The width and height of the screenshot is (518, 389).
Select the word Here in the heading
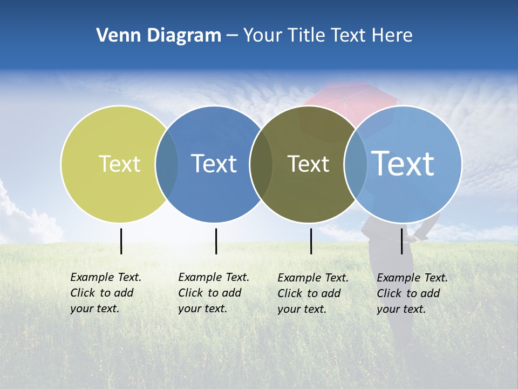392,36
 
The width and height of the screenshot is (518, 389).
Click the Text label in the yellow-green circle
119,164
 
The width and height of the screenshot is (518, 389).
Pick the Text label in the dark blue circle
214,164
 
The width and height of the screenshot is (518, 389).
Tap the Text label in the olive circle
308,164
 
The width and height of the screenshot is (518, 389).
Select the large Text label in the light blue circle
403,164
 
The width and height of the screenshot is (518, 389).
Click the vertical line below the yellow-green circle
121,241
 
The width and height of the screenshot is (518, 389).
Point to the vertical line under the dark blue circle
216,241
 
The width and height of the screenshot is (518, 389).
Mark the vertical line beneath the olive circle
311,241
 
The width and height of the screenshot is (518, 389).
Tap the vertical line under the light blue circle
401,241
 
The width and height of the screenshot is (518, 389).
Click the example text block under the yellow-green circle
106,293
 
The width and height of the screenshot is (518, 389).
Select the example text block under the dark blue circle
214,293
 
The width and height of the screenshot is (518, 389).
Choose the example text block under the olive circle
313,293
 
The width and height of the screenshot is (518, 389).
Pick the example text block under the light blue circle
412,293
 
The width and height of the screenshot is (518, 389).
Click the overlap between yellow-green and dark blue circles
167,164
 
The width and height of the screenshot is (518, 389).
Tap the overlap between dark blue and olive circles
261,164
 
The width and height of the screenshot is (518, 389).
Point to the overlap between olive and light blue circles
356,164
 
